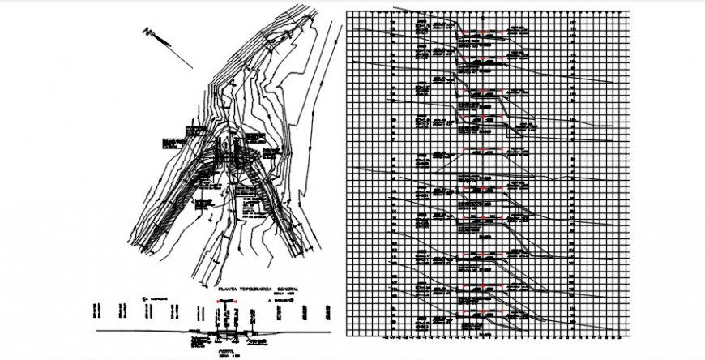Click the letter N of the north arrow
(x=147, y=32)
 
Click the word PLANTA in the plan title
(x=224, y=289)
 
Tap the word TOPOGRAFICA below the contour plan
(x=252, y=289)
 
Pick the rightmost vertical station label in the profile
(x=330, y=311)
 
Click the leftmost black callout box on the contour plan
(x=171, y=144)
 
